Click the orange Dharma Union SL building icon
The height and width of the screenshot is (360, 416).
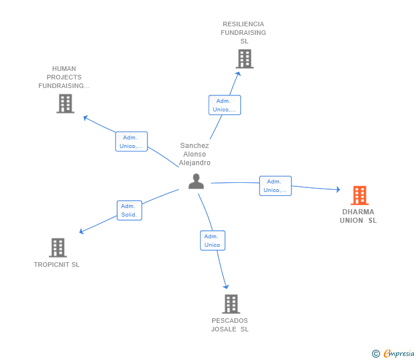coord(359,195)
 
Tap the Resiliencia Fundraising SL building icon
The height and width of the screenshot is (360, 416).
coord(244,59)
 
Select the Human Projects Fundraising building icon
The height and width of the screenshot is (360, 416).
coord(65,103)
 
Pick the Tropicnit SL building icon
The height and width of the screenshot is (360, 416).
coord(57,247)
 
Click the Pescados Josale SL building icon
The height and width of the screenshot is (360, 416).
coord(230,304)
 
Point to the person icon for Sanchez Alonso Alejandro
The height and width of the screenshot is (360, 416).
coord(196,181)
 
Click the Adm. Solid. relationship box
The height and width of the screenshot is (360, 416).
coord(130,210)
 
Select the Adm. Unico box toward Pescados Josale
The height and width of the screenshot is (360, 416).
coord(213,241)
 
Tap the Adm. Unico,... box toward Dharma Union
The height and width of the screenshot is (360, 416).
coord(275,186)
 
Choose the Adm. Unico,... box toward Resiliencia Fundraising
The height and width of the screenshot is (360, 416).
coord(225,105)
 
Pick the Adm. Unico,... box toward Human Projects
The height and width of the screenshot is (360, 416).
coord(131,142)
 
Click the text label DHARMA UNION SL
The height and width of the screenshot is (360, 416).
coord(358,216)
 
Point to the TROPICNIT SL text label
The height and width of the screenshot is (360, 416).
coord(57,265)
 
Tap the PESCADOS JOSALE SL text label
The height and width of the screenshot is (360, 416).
coord(230,325)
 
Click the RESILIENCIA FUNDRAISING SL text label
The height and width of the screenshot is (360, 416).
coord(243,33)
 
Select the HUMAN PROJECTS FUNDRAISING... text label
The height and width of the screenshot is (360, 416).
coord(64,77)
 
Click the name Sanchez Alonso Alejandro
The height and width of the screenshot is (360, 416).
coord(194,154)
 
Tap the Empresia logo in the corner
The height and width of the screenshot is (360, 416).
coord(399,353)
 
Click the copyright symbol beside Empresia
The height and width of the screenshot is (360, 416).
coord(376,354)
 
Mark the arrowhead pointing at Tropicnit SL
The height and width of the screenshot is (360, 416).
coord(81,231)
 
